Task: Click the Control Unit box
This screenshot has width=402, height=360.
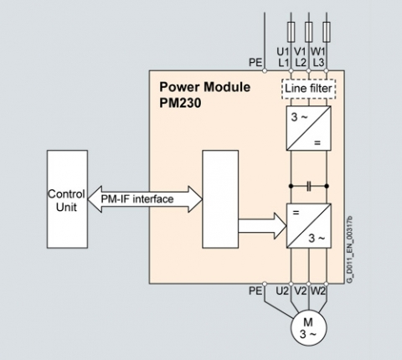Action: pos(67,199)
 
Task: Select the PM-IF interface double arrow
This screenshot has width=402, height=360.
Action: pos(145,199)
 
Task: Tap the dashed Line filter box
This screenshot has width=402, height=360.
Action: pos(308,89)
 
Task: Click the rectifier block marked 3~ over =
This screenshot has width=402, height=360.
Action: pos(309,128)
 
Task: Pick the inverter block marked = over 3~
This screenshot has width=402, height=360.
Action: pos(309,225)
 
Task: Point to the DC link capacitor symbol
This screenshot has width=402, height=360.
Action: pos(308,186)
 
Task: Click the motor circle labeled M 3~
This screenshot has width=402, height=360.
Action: pos(308,327)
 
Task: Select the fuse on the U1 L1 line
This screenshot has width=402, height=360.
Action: pos(291,32)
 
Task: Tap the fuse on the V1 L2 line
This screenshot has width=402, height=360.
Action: pos(308,32)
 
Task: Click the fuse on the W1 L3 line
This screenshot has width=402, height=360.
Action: pos(326,32)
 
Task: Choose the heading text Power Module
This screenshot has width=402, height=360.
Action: pos(204,87)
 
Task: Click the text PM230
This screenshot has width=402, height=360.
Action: pos(180,103)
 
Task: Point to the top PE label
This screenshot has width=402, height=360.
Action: pos(255,63)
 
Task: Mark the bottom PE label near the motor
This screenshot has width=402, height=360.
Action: pos(255,291)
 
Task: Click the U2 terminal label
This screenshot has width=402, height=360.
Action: pos(282,291)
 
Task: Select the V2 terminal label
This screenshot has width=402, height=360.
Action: pos(300,291)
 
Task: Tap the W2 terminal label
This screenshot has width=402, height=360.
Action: pos(318,291)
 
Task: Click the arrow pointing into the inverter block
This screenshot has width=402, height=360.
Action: pos(262,226)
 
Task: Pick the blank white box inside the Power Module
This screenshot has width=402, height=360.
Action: pos(220,199)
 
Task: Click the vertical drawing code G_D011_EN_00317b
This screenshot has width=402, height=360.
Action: pos(350,249)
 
